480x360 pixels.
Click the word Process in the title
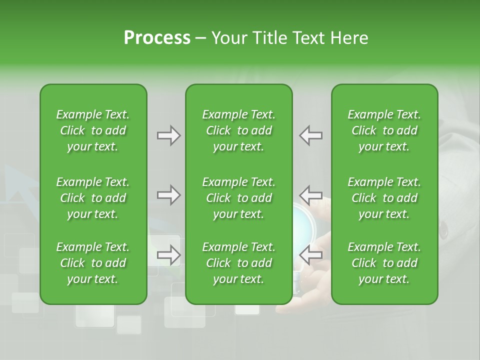click(157, 37)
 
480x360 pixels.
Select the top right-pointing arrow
click(169, 135)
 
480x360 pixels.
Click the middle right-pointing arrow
click(169, 195)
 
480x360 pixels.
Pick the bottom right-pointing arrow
click(169, 255)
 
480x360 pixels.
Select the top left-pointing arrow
click(311, 135)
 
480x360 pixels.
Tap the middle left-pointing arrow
click(311, 195)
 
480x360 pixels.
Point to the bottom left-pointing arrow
click(311, 255)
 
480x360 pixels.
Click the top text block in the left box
click(93, 130)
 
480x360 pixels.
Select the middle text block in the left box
click(93, 198)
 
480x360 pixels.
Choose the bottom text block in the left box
click(93, 263)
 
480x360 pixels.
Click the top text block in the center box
click(239, 130)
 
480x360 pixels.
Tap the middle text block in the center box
click(239, 198)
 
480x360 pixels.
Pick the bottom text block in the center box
click(239, 263)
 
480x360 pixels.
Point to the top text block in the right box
click(384, 130)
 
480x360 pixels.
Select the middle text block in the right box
click(384, 198)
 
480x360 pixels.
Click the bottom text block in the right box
click(384, 263)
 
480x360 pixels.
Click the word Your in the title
click(228, 37)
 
